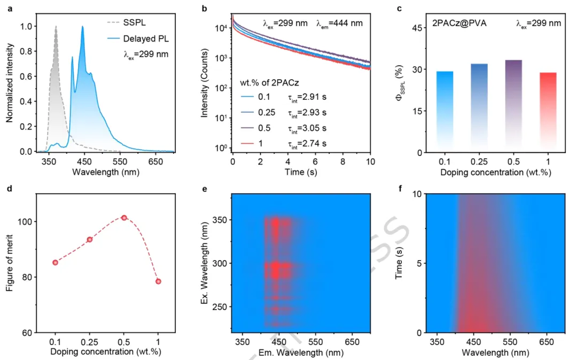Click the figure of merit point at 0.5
(x=124, y=218)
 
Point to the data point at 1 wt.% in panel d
(x=158, y=281)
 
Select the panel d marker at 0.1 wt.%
(x=55, y=262)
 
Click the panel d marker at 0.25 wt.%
(x=90, y=239)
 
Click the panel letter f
(x=400, y=188)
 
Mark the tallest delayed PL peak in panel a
(x=82, y=27)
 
